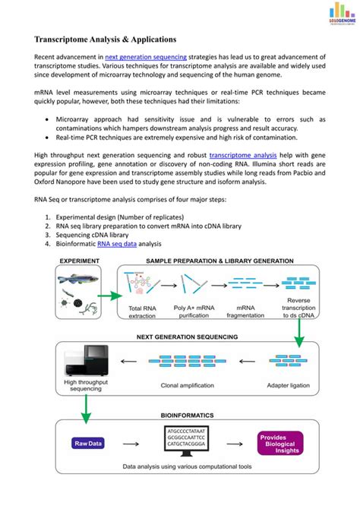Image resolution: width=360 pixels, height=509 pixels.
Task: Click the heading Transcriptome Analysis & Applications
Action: coord(106,38)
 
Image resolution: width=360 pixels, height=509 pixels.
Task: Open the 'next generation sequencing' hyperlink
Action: coord(142,58)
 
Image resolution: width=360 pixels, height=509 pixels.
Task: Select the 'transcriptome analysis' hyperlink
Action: coord(242,154)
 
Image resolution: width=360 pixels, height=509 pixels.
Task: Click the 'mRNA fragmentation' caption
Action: coord(241,312)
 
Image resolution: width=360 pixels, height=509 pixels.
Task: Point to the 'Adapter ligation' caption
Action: coord(289,386)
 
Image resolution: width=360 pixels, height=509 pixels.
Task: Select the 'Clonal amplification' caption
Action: coord(188,386)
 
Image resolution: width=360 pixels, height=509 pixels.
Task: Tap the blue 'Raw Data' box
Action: coord(90,444)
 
